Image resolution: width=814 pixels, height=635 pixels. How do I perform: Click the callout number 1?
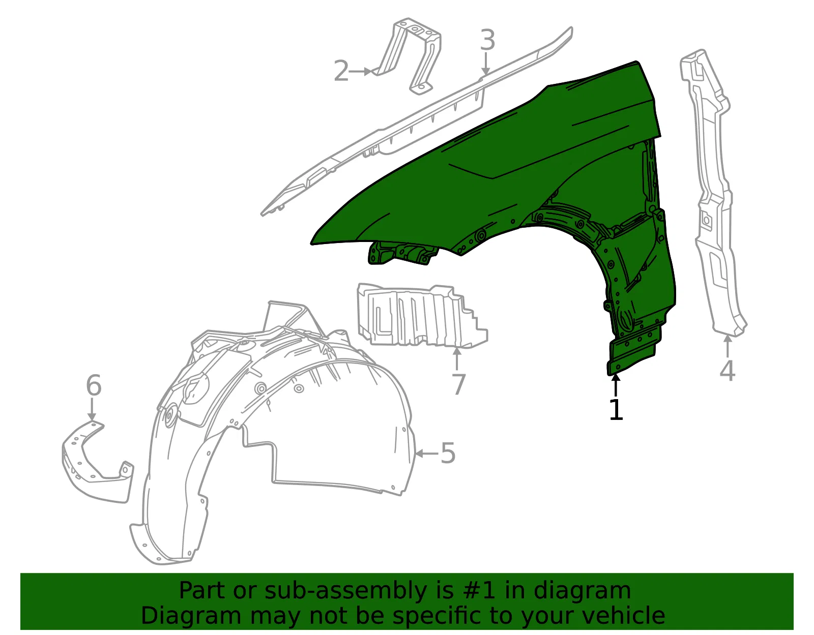click(616, 409)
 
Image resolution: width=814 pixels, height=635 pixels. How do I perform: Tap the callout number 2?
click(341, 71)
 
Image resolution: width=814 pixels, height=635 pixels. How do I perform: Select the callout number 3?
click(487, 40)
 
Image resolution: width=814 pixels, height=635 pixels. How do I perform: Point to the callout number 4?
click(727, 371)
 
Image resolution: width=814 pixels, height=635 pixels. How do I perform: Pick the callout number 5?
click(448, 453)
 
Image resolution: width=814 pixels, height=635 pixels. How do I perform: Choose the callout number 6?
click(94, 385)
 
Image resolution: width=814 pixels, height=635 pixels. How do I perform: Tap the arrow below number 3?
click(486, 64)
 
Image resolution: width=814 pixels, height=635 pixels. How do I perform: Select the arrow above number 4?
click(728, 347)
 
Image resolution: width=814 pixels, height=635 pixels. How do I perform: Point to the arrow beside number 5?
click(427, 453)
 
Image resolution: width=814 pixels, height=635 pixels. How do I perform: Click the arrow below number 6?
click(92, 409)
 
